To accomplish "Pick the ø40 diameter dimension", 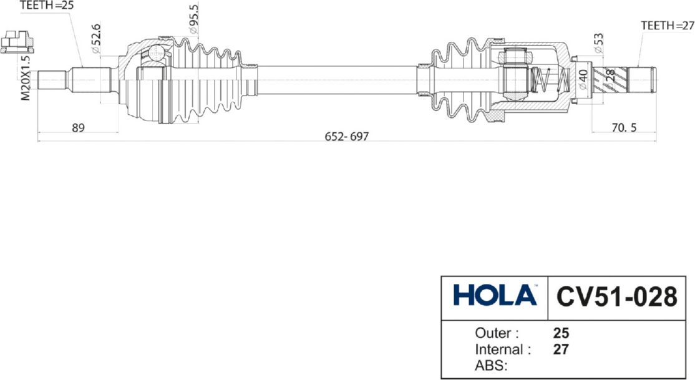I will point(583,80).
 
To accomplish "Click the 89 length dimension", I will point(78,128).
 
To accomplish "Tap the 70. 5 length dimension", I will point(624,128).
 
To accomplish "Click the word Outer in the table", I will point(497,333).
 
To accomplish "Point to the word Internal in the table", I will point(503,349).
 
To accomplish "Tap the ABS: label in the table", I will point(491,366).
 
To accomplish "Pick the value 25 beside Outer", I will point(561,333).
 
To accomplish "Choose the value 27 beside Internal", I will point(561,349).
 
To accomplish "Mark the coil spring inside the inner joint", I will point(550,80).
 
